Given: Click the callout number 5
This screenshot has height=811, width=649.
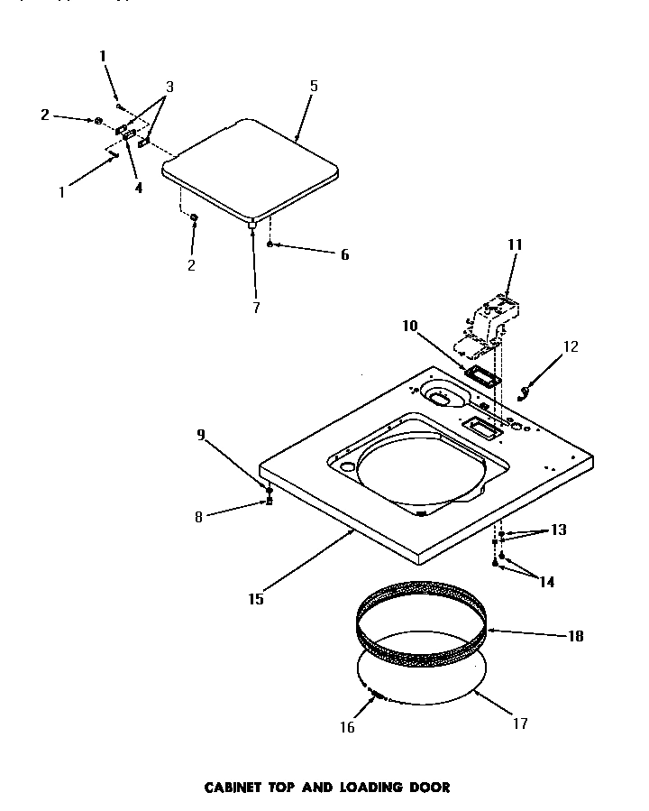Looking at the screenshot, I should point(314,87).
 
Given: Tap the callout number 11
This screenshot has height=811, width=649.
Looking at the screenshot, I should point(515,244).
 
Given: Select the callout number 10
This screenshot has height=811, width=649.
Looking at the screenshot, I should point(410,326).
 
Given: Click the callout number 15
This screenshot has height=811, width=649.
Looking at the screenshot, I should point(257,597).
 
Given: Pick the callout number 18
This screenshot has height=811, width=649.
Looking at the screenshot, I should point(575,636).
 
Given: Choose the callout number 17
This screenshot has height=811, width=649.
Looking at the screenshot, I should point(520,723).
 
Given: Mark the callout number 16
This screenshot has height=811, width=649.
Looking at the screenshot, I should point(347,727).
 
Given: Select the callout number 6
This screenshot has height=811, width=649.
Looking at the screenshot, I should point(343,255).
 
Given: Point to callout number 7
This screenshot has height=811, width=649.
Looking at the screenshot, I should point(256,308).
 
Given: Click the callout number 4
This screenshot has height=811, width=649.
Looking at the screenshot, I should point(138,189).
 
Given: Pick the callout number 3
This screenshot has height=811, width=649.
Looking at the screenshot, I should point(169,88).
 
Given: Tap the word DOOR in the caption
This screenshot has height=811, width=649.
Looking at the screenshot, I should point(429,787).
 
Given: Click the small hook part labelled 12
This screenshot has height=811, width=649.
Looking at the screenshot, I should point(526,390).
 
